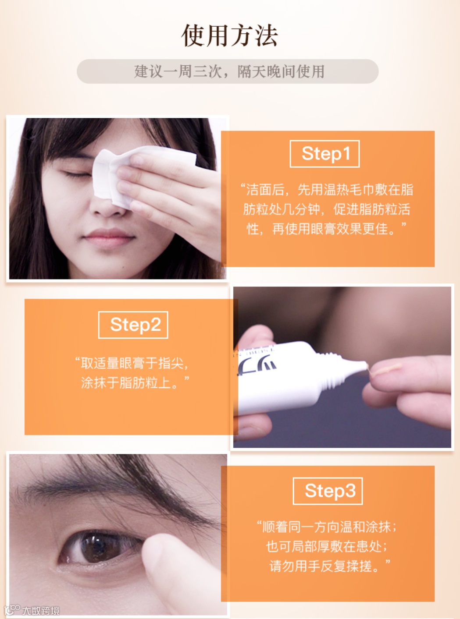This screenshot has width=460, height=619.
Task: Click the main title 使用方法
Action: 230,36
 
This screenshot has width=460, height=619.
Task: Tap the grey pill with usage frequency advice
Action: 228,71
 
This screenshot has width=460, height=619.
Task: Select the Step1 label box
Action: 325,154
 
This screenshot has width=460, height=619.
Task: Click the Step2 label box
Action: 133,325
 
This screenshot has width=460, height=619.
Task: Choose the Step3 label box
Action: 328,491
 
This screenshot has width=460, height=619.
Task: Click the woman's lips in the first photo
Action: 109,238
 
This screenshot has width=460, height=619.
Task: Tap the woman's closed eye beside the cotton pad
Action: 77,175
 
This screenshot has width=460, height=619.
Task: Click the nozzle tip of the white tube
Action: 365,366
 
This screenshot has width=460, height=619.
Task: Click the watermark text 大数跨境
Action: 41,611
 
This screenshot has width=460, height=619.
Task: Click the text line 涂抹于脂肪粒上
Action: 135,382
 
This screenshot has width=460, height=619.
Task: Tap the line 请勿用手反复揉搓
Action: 330,566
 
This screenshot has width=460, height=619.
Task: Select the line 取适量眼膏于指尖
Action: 132,363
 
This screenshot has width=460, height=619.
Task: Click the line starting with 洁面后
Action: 327,190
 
